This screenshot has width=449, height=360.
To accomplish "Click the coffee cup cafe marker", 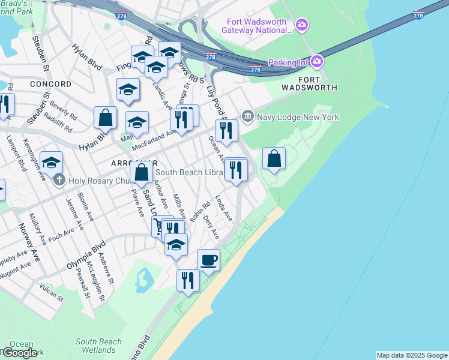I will [x=208, y=260].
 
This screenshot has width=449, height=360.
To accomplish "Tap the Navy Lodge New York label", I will [x=298, y=116].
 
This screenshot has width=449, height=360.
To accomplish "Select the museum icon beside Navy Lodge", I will [x=247, y=115].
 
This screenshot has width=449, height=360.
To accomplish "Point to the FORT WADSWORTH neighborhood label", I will [x=310, y=83].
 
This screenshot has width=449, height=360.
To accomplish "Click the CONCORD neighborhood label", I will [x=50, y=84].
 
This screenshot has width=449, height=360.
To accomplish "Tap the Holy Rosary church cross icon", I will [x=59, y=179].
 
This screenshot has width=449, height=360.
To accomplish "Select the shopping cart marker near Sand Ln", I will [x=160, y=226].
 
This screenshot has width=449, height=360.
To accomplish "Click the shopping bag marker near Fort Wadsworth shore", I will [x=274, y=159].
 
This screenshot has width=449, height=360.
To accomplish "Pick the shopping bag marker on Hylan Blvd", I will [x=105, y=118].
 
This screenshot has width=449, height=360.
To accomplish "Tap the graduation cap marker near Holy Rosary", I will [x=52, y=162].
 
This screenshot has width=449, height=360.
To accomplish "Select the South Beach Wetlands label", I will [x=98, y=346].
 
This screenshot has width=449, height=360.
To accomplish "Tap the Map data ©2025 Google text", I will [x=412, y=355].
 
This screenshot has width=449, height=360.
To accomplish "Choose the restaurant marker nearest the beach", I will [x=188, y=280].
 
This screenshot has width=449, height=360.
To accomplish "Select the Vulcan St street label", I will [x=50, y=290].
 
